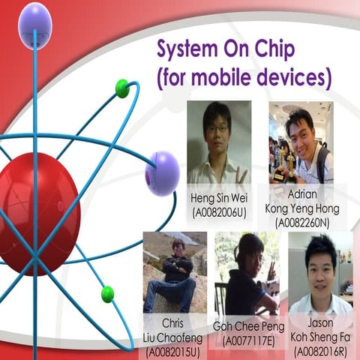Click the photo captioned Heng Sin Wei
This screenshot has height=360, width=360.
coord(219,143)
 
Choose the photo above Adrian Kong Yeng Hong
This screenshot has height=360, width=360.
coord(301,143)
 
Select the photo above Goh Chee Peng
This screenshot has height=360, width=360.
coord(244,273)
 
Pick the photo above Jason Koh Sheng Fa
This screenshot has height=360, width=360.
coord(320,273)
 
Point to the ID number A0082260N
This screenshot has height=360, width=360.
coord(301,223)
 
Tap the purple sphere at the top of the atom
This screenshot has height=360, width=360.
coord(34,16)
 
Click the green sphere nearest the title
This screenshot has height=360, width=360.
coord(122,88)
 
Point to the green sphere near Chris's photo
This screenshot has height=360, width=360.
coord(107,293)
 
